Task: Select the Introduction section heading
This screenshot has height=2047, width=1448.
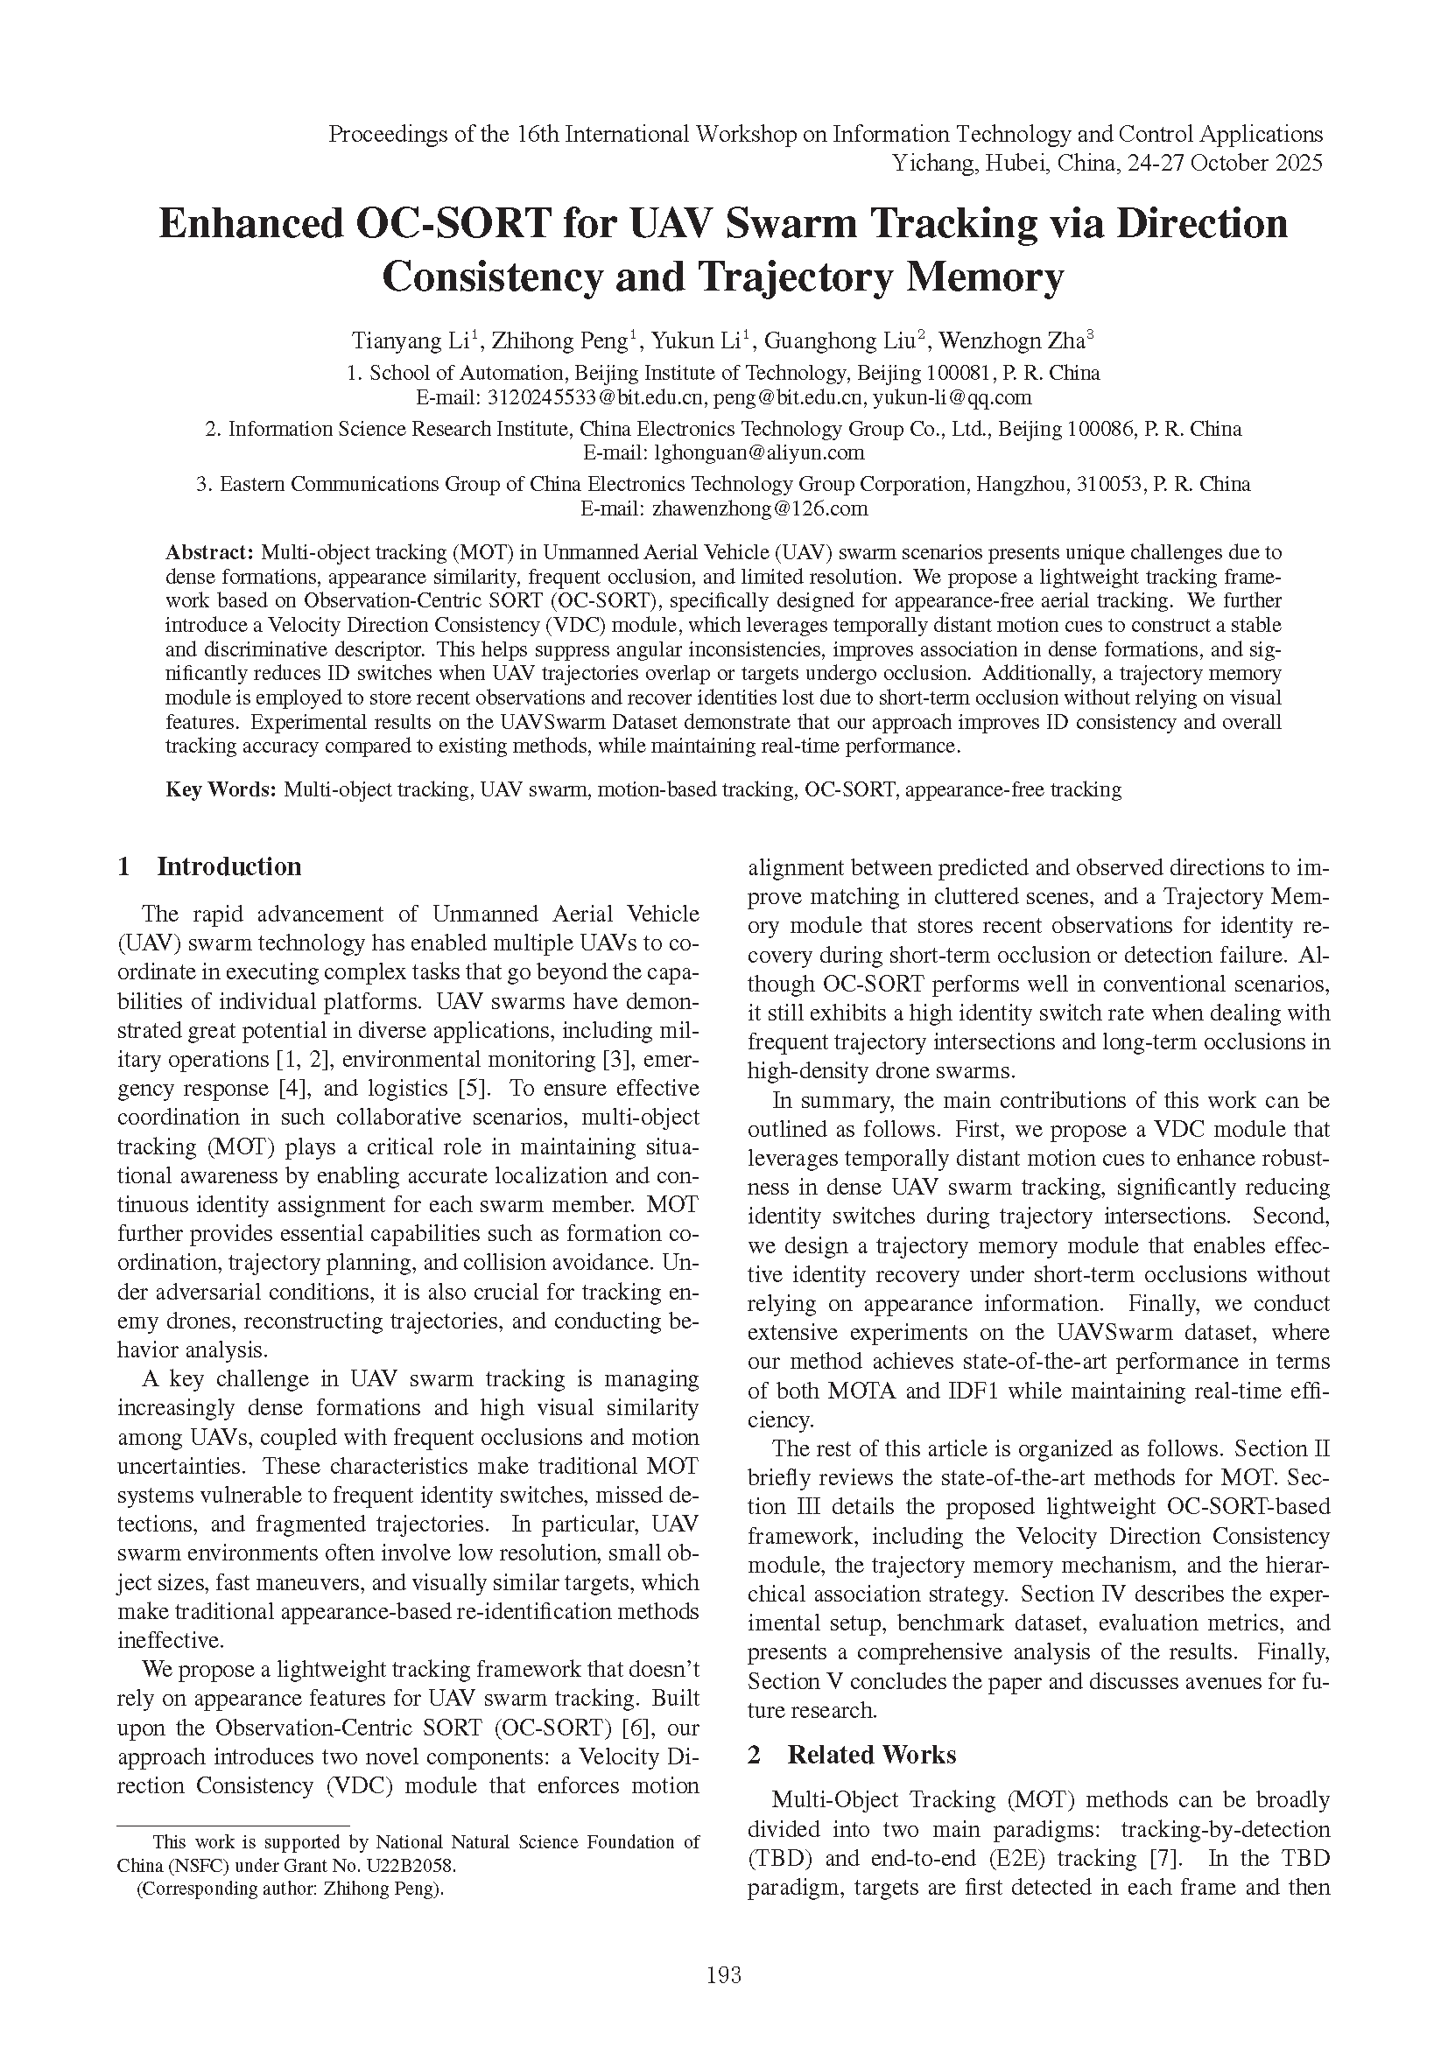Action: (228, 866)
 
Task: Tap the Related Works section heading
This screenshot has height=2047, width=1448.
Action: (871, 1756)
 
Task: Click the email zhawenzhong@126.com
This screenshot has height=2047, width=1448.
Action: (760, 509)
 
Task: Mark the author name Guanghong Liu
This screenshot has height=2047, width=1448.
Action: (840, 340)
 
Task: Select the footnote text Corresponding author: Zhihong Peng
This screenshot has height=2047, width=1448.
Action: (290, 1888)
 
